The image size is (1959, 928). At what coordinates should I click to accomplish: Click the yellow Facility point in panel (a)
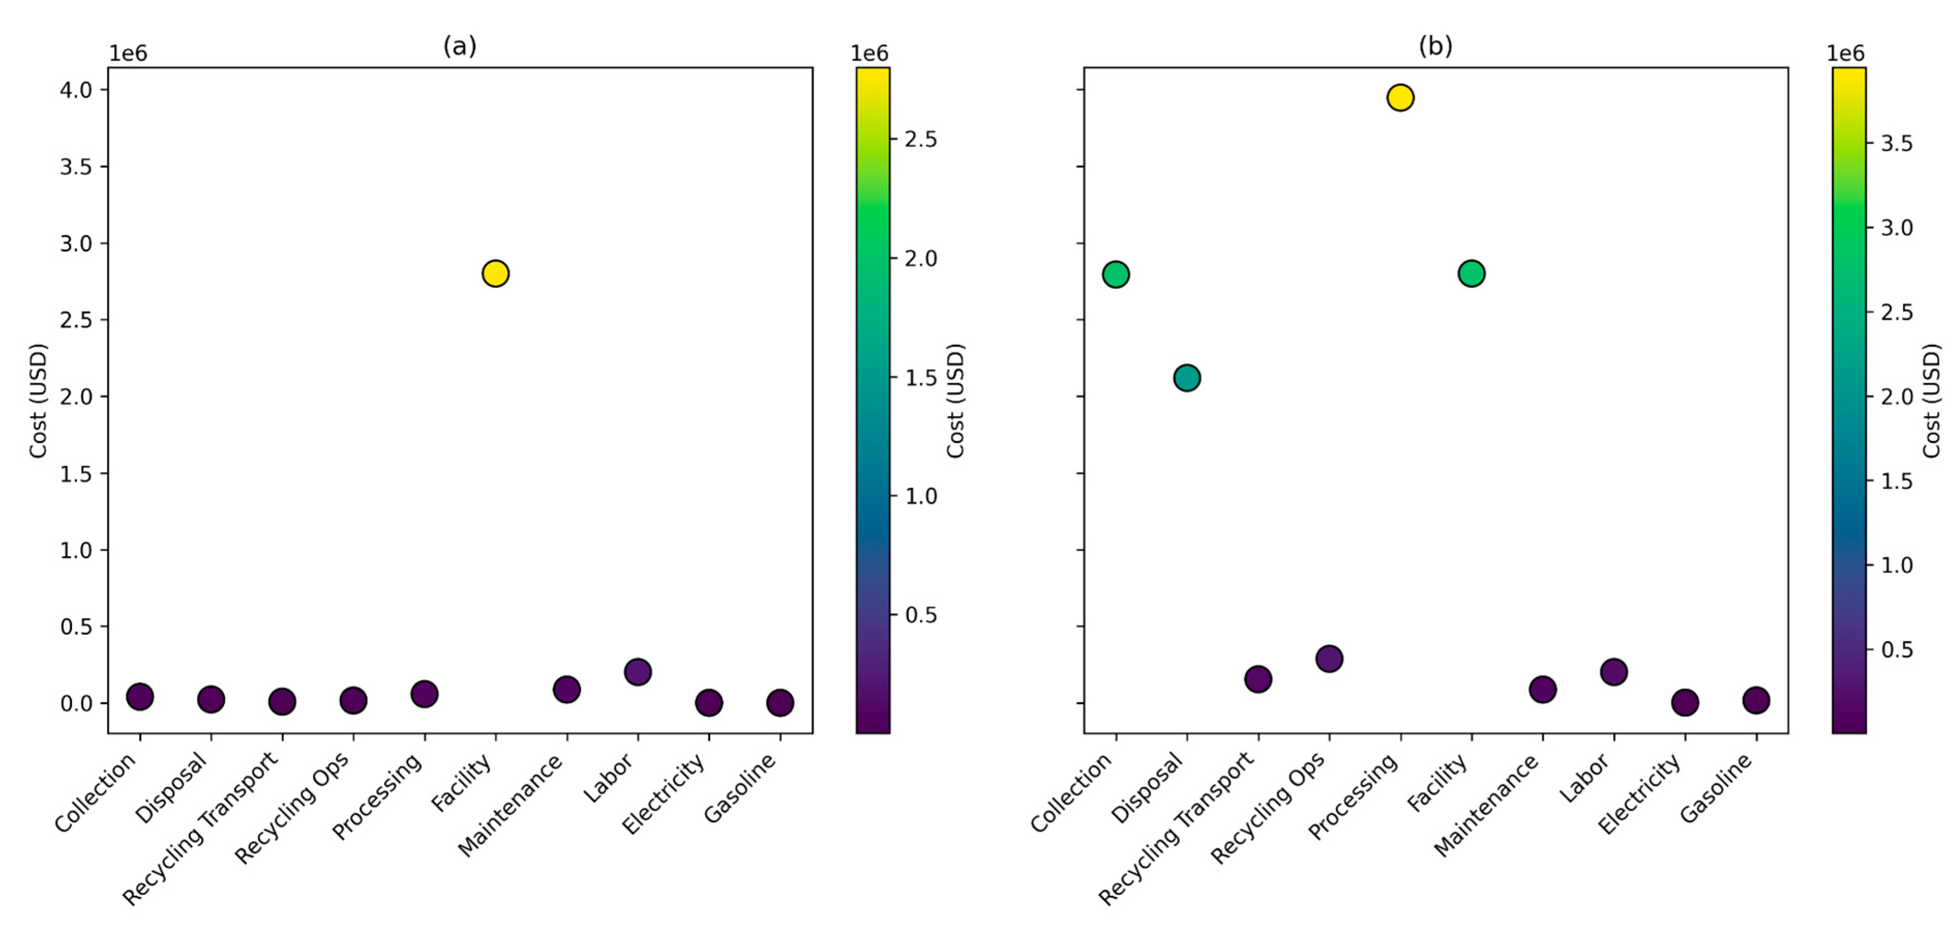point(495,273)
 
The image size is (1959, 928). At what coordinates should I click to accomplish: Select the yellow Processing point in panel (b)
point(1400,97)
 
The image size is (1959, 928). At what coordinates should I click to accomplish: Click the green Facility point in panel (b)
point(1471,273)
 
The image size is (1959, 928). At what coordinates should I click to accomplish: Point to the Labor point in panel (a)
point(637,671)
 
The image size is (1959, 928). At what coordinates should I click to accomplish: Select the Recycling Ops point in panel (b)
point(1329,658)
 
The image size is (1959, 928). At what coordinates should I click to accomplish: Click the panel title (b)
point(1435,47)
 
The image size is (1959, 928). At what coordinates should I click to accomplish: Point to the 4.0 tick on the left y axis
point(76,90)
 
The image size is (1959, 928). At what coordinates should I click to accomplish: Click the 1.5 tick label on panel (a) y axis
point(76,474)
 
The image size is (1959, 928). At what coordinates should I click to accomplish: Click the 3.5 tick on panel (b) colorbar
point(1896,143)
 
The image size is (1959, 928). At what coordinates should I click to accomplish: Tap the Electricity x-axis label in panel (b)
point(1639,794)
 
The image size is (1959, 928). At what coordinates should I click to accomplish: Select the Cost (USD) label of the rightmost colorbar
point(1932,401)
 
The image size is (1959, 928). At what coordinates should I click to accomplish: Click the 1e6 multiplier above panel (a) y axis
point(128,53)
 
